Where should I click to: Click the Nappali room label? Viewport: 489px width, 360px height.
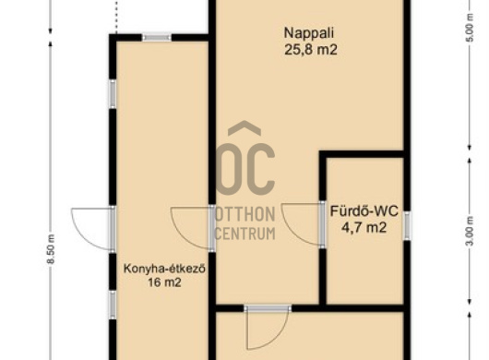point(309,33)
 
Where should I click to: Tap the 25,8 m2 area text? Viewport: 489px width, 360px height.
point(311,50)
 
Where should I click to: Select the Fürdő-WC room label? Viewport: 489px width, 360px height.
point(364,211)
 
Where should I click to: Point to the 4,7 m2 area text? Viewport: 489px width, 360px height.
point(364,227)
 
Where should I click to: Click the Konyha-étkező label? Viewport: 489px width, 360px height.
point(164,269)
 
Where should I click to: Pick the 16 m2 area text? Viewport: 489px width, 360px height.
point(164,282)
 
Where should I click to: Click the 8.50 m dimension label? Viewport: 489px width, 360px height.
point(51,248)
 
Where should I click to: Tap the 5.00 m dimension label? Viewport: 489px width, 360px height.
point(471,28)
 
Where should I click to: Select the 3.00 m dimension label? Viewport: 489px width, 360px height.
point(471,231)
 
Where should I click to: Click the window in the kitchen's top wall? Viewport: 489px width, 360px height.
point(157,38)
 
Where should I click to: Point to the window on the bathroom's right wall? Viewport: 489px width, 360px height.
point(407,226)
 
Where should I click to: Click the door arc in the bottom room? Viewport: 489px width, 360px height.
point(280,338)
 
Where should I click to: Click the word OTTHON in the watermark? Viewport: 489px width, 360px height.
point(245,215)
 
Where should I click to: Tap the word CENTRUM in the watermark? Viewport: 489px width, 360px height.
point(245,234)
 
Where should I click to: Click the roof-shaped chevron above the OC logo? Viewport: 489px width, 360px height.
point(244,128)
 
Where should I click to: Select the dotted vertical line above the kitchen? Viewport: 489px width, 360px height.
point(116,17)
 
